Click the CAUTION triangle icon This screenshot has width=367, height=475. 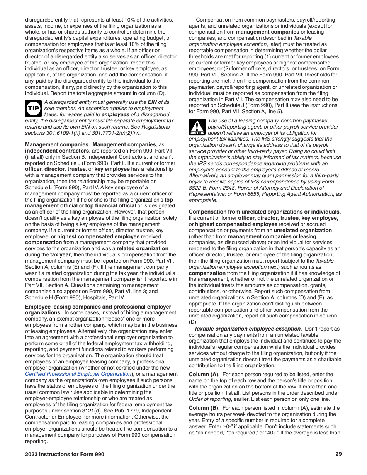197,127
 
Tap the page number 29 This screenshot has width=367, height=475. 338,454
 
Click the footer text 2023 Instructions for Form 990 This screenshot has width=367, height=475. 65,454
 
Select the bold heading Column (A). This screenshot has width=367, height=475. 204,374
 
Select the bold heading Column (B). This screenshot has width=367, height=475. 204,408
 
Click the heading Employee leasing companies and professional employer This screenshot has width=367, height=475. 98,307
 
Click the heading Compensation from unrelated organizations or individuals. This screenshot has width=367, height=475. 265,212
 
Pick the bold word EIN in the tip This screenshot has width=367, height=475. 153,102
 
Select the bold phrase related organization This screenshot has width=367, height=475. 143,248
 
